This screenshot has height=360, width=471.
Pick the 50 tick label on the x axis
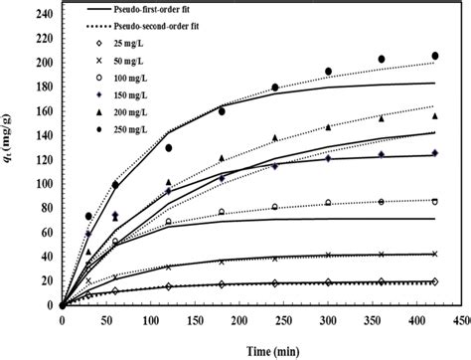point(106,321)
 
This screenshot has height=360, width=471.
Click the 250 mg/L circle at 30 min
point(88,216)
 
